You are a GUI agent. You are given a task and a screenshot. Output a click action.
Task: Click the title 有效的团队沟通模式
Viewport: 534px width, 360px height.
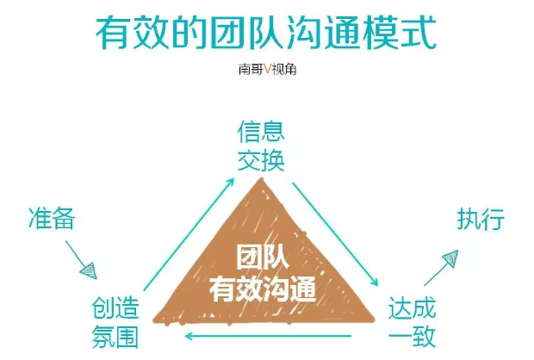tap(266, 34)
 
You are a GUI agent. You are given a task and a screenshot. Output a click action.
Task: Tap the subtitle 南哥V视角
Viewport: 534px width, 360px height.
tap(266, 73)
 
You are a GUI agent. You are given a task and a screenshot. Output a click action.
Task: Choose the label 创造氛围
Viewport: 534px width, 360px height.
tap(115, 320)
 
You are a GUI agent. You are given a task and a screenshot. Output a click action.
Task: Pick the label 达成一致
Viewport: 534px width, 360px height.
tap(412, 321)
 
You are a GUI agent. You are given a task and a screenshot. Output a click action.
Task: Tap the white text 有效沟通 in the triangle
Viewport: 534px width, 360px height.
tap(264, 288)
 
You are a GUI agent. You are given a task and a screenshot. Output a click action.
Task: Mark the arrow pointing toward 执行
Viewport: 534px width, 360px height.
tap(442, 268)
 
